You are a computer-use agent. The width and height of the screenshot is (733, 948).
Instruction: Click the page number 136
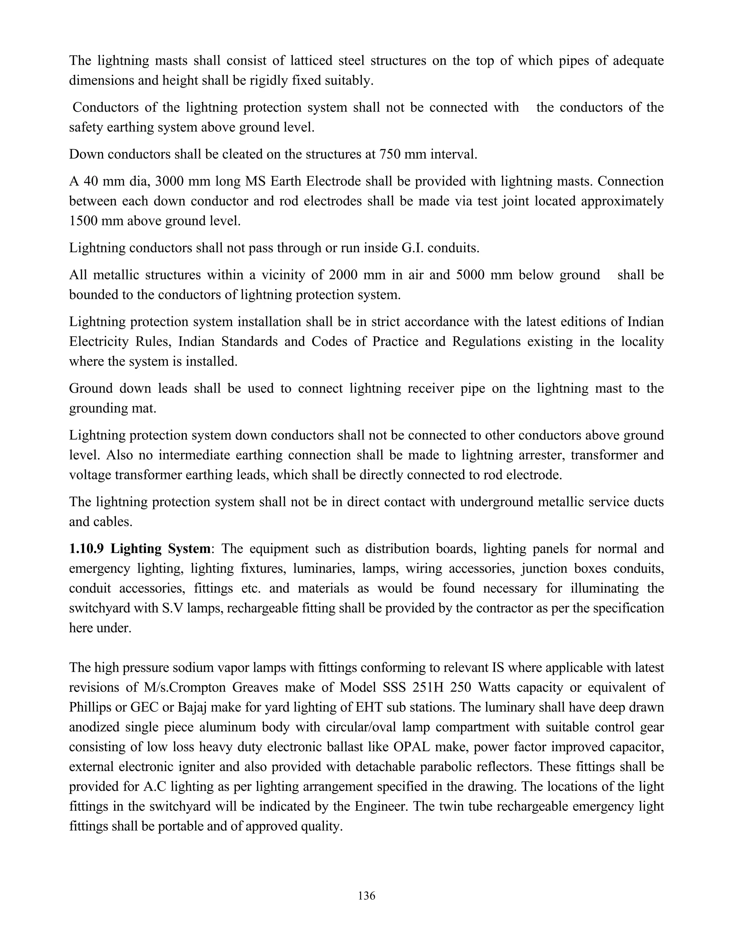click(x=366, y=895)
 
